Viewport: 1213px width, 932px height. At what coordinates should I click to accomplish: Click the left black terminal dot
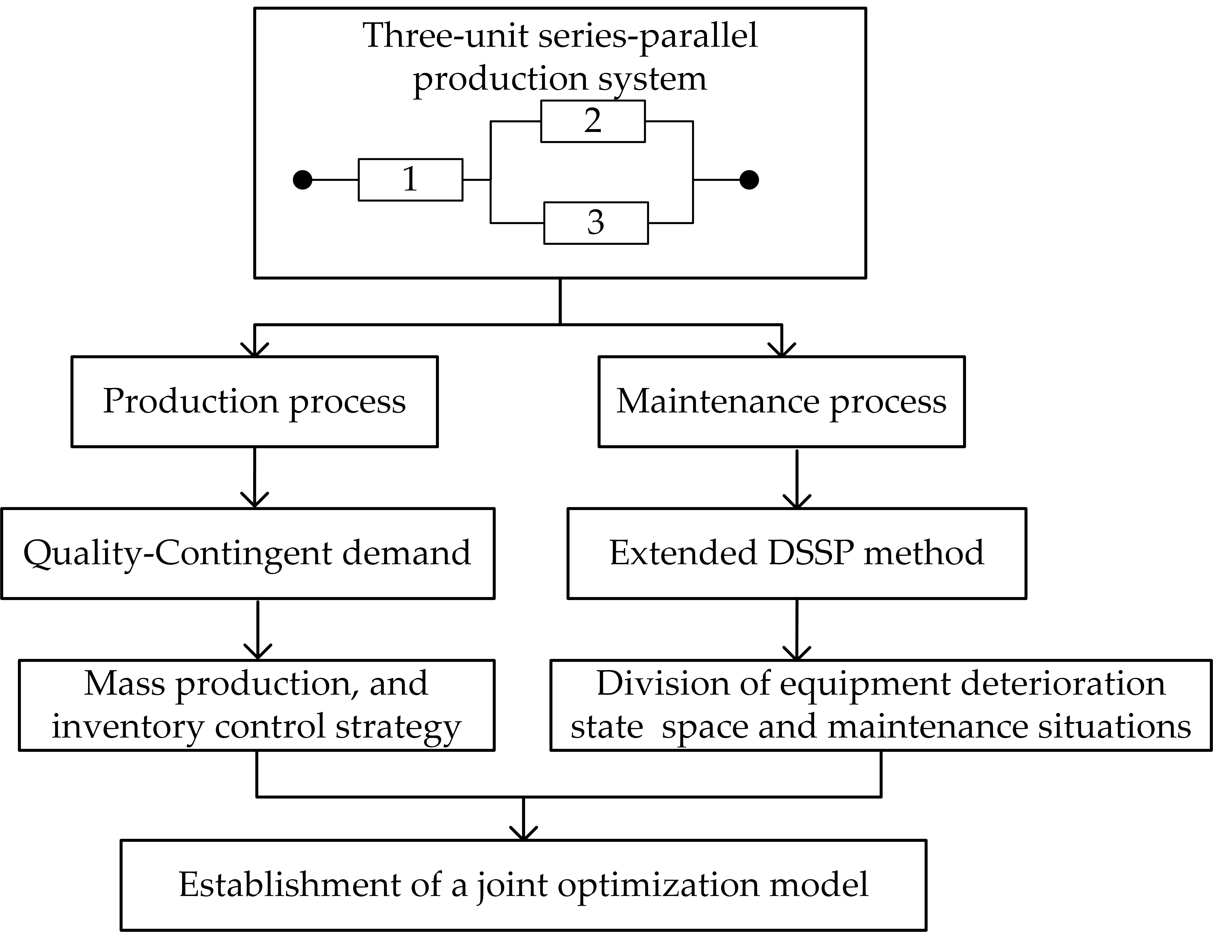coord(302,180)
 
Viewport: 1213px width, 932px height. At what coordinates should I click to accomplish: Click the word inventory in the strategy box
coord(128,727)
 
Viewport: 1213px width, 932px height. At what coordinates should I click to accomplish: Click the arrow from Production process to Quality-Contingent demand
coord(255,477)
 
